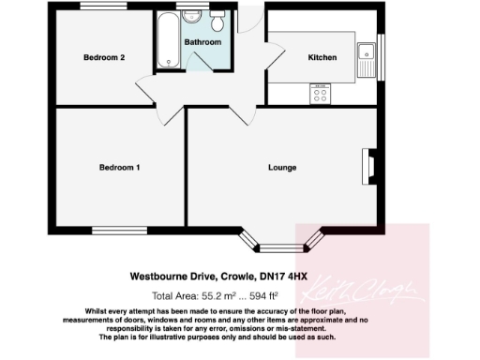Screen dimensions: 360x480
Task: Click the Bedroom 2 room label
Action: (104, 58)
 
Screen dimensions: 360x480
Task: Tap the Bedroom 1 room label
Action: (120, 168)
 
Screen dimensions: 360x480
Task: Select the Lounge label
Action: (282, 168)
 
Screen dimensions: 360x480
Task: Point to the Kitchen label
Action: (322, 58)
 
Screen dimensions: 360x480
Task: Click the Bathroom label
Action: (202, 43)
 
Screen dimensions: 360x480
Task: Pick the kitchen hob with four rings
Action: (319, 93)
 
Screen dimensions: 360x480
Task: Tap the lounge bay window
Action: (282, 247)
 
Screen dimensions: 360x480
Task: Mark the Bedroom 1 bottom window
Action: (119, 229)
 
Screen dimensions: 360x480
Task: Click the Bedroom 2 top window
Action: (104, 8)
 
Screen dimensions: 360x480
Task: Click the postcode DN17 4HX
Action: (285, 277)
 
